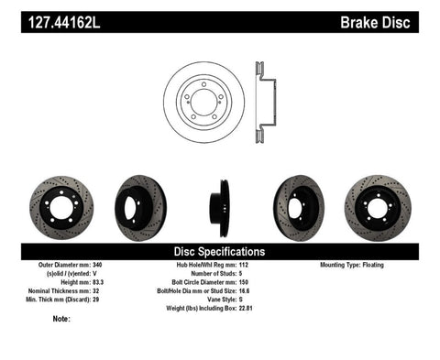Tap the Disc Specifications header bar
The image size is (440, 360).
click(220, 251)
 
